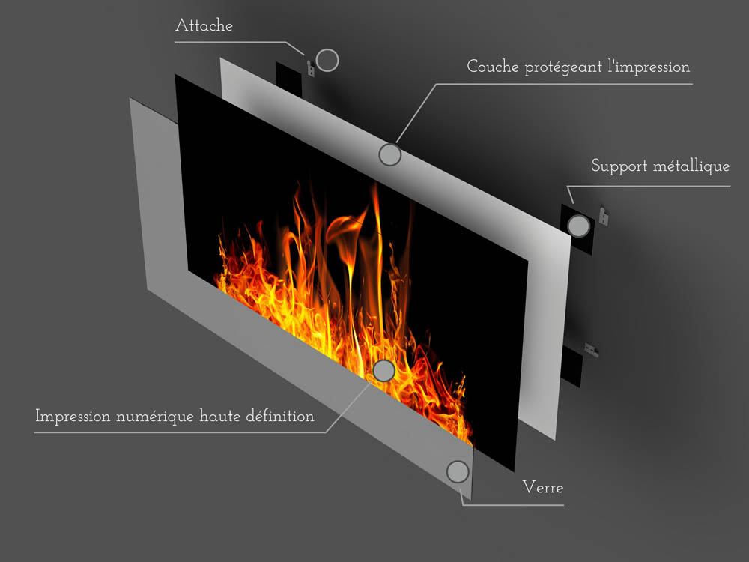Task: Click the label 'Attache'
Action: [x=204, y=25]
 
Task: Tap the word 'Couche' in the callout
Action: [x=493, y=67]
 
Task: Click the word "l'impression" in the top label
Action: [x=649, y=67]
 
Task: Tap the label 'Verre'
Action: [x=543, y=488]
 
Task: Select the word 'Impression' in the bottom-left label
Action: [x=73, y=417]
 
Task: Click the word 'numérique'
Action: [x=155, y=417]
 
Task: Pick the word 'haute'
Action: [x=219, y=416]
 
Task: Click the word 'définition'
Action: [x=280, y=416]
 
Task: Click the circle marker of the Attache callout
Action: [x=327, y=60]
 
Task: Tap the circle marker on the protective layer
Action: [x=389, y=154]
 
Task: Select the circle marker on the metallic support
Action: [x=578, y=226]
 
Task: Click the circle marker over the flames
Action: [x=383, y=370]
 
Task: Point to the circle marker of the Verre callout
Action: [x=458, y=471]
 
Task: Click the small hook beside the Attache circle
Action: [x=311, y=68]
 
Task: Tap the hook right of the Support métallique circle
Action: [x=604, y=216]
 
